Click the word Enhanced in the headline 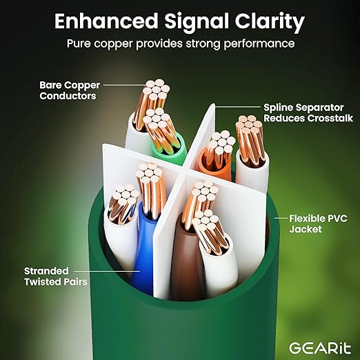pos(106,21)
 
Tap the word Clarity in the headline pos(270,23)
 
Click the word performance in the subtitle pos(259,43)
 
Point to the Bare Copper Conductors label pos(70,90)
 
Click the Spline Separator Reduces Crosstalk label pos(308,113)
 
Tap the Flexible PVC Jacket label pos(318,223)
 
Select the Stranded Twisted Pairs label pos(56,277)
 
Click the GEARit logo pos(320,348)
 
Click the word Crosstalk pos(330,118)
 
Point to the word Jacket pos(306,229)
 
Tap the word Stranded pos(46,271)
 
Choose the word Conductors pos(68,96)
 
